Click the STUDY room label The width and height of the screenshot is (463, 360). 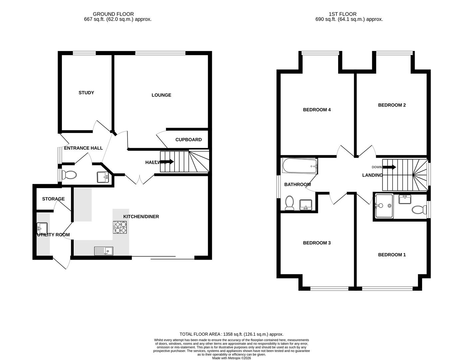coord(86,93)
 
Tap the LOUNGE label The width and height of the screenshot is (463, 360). coord(161,95)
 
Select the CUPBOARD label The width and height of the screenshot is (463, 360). coord(189,140)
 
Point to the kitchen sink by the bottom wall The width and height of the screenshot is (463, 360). coord(104,251)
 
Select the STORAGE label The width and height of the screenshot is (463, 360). coord(53,199)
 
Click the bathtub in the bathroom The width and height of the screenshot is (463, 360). coord(299,166)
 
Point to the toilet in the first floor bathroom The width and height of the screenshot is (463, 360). coord(289,203)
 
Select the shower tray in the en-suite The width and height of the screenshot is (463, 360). coord(384,206)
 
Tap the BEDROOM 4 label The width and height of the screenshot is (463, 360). coord(316,110)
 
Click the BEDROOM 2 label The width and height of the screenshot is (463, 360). coord(392,105)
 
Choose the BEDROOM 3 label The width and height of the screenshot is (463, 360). coord(316,243)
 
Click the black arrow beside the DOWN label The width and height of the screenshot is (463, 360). coord(389,167)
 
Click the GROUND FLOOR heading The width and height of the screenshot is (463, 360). coord(113,14)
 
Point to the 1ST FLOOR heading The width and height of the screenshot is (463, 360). coord(342,14)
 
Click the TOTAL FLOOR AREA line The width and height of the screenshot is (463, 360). coord(231,334)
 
